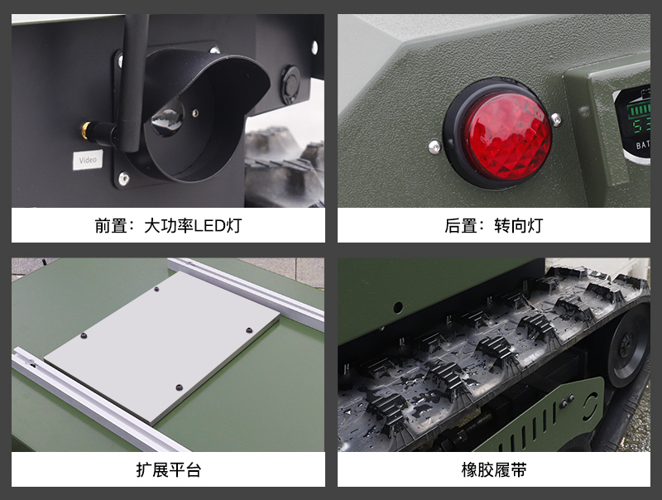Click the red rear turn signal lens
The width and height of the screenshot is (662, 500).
click(x=508, y=133)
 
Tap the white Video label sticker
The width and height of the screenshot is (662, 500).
click(x=88, y=160)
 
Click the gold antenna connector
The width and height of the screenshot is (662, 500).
click(x=87, y=130)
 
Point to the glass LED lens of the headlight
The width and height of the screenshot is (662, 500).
click(x=168, y=118)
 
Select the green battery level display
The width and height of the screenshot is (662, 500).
click(x=636, y=114)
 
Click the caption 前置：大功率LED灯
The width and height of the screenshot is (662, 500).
click(x=168, y=225)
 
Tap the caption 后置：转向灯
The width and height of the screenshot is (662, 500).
click(x=493, y=225)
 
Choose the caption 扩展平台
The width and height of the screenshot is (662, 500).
click(x=169, y=469)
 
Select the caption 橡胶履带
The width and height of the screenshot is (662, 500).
click(x=494, y=469)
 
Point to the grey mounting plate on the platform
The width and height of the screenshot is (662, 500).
click(x=161, y=347)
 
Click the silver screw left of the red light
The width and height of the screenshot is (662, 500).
click(x=434, y=147)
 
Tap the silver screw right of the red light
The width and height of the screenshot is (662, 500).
click(x=556, y=118)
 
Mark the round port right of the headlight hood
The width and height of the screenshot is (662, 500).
click(x=290, y=84)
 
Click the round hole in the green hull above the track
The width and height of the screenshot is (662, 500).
click(x=398, y=307)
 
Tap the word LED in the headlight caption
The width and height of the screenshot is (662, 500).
click(x=209, y=226)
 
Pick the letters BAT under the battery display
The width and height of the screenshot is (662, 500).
click(x=643, y=145)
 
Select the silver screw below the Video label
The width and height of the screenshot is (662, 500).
click(x=123, y=178)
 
